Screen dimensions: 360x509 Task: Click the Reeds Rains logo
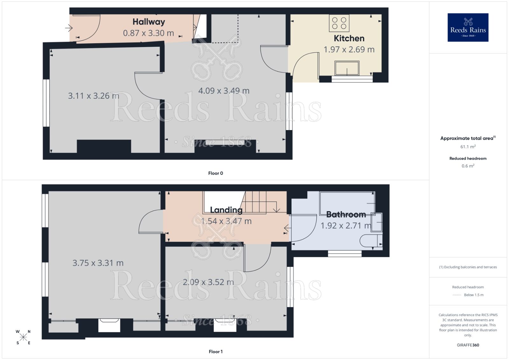(x=468, y=27)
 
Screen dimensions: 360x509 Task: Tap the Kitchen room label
(x=349, y=38)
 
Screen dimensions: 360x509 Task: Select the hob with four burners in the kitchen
(x=339, y=23)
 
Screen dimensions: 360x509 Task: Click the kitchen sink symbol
(x=347, y=68)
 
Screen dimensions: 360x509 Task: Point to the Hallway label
(x=149, y=22)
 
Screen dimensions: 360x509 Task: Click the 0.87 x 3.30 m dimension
(x=148, y=33)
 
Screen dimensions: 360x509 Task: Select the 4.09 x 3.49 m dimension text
(x=224, y=91)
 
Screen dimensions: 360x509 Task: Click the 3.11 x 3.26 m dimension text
(x=94, y=96)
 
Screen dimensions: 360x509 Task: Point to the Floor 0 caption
(x=215, y=173)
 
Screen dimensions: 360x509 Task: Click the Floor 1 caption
(x=215, y=351)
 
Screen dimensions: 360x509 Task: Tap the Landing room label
(x=226, y=210)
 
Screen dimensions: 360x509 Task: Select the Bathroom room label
(x=346, y=214)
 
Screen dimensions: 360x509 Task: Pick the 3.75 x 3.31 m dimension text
(x=98, y=263)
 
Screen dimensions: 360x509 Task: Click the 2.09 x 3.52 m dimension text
(x=208, y=282)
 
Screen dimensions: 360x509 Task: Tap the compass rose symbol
(x=23, y=337)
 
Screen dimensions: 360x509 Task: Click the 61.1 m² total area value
(x=468, y=147)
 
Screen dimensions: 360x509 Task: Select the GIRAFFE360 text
(x=468, y=345)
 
